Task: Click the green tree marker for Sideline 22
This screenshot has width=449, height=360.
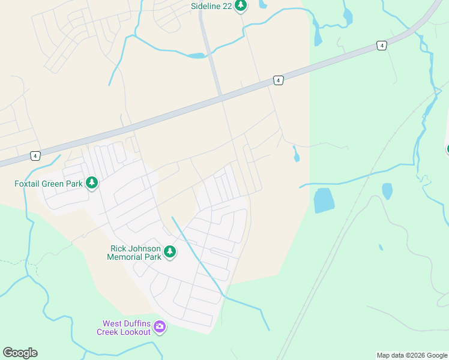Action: pos(241,6)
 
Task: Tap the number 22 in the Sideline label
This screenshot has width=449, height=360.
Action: pos(226,6)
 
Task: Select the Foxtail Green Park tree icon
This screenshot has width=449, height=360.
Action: pos(92,182)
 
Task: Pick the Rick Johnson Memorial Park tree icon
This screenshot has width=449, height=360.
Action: pos(170,252)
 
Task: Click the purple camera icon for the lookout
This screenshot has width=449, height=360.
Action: pos(160,327)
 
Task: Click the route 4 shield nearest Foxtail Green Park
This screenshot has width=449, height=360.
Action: pos(35,156)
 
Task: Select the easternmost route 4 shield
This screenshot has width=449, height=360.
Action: pos(382,45)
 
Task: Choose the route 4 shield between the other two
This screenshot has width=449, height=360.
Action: pos(278,80)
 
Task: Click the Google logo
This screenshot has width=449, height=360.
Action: pos(20,353)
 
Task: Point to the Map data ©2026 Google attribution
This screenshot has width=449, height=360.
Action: pos(411,355)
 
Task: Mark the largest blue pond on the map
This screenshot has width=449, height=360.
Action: pos(324,200)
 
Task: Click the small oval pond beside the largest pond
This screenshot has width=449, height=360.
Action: pos(387,191)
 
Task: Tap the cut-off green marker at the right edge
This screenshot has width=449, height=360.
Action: pos(447,148)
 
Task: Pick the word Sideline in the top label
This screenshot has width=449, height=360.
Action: pos(204,6)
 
